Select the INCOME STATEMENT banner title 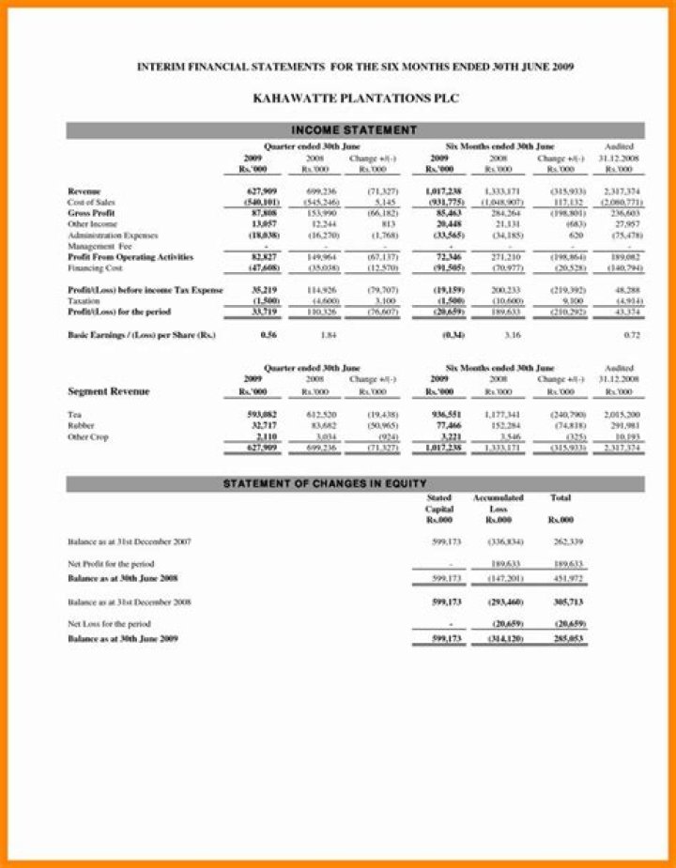tap(354, 129)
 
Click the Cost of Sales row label tap(92, 202)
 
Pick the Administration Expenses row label tap(113, 235)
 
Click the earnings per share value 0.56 tap(268, 335)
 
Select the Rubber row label tap(83, 425)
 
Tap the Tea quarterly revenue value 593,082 tap(261, 414)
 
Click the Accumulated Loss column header tap(498, 508)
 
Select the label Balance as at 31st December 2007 tap(131, 542)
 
